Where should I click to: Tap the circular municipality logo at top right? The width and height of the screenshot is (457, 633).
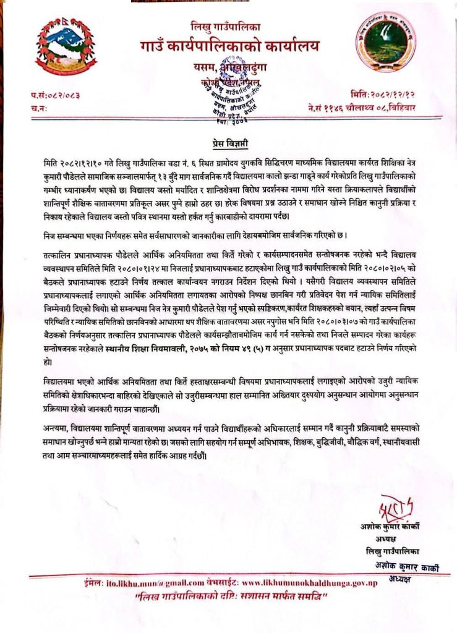389,44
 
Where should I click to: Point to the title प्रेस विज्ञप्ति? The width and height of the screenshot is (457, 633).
228,144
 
